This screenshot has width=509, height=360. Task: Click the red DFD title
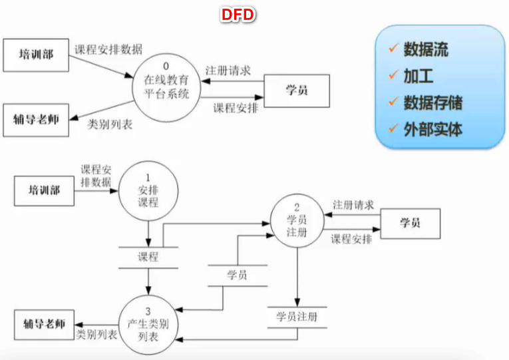(238, 14)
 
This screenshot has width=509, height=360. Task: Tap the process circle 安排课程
(148, 188)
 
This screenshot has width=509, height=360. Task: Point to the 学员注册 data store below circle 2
(296, 317)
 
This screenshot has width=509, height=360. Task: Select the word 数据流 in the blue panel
(426, 49)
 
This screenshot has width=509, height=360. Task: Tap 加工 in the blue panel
(419, 75)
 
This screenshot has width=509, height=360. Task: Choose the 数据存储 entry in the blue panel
(432, 102)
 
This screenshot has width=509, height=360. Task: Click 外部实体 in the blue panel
(432, 128)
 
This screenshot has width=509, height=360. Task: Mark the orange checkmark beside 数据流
(393, 49)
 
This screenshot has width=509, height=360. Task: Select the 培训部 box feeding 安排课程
(44, 191)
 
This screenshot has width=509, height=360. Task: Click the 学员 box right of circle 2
(410, 223)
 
